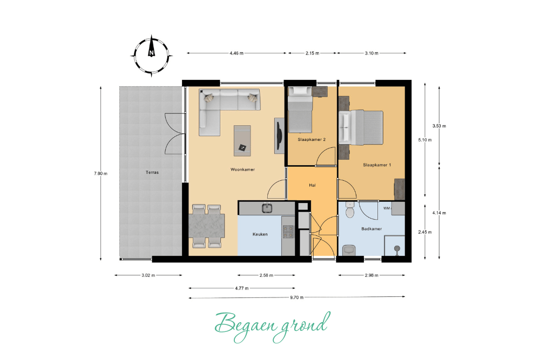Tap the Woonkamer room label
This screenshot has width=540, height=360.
[x=242, y=169]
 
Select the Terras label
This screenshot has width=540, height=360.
[x=152, y=172]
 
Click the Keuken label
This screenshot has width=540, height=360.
[x=260, y=234]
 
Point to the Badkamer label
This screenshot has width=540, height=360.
[x=372, y=228]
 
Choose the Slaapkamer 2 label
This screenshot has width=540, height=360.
[x=312, y=139]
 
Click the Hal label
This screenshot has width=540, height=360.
[x=312, y=185]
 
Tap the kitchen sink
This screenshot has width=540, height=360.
[x=267, y=208]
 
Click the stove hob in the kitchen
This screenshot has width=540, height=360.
[x=288, y=232]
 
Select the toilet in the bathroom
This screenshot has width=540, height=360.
[x=350, y=210]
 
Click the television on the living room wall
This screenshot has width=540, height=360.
[x=280, y=135]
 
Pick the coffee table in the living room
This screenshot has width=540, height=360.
[x=242, y=141]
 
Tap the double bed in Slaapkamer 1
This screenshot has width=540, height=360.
[x=361, y=127]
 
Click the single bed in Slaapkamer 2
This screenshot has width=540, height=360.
[x=300, y=110]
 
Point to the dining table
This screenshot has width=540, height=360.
[x=207, y=226]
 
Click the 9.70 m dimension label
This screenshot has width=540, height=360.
[x=296, y=297]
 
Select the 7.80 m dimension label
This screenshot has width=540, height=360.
[x=100, y=173]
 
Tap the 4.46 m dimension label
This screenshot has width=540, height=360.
[x=237, y=53]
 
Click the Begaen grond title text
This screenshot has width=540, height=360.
[x=272, y=325]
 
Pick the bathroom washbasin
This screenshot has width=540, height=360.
[x=349, y=249]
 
